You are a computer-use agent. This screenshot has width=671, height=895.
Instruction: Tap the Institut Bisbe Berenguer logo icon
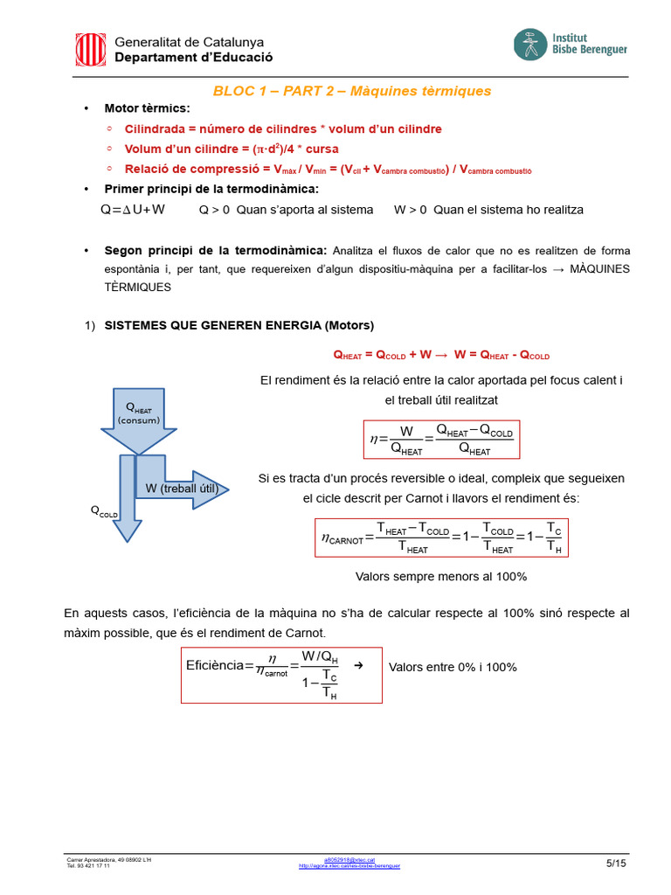[x=529, y=45]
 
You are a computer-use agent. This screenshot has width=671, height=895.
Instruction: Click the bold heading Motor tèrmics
[x=147, y=108]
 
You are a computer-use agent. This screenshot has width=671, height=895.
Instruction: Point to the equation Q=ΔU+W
[x=133, y=210]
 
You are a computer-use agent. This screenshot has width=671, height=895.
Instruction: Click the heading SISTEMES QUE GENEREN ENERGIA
[x=239, y=325]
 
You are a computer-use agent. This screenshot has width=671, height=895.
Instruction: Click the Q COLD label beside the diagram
[x=103, y=511]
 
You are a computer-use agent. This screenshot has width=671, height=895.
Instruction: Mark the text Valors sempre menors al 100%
[x=441, y=577]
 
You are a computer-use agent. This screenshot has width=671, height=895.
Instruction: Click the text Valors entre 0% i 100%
[x=453, y=667]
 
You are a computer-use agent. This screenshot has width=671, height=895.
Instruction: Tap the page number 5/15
[x=616, y=864]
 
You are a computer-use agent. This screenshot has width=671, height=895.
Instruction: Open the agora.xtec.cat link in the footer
[x=349, y=866]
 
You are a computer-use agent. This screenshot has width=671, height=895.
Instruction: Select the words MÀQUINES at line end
[x=599, y=269]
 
